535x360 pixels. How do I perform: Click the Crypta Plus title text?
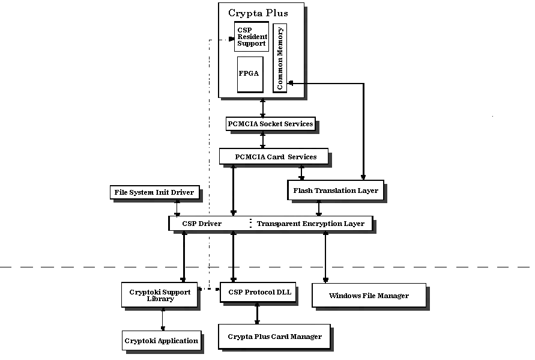point(258,13)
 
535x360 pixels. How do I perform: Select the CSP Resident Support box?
point(251,36)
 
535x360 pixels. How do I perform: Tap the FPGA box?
point(250,74)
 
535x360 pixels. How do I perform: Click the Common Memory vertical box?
point(280,58)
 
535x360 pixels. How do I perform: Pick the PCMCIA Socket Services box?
point(270,124)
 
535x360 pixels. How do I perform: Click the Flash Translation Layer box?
point(336,191)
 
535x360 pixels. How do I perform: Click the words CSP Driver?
point(202,224)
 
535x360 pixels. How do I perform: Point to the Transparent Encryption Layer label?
point(310,224)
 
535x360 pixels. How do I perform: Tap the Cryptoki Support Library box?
point(160,295)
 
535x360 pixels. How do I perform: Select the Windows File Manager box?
point(369,296)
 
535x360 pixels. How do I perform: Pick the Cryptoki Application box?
point(161,341)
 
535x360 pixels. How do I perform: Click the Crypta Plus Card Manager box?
point(274,337)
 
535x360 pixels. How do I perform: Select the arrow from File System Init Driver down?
point(177,207)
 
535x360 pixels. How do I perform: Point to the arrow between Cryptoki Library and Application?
point(162,319)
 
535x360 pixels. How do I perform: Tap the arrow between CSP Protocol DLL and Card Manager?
point(257,313)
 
